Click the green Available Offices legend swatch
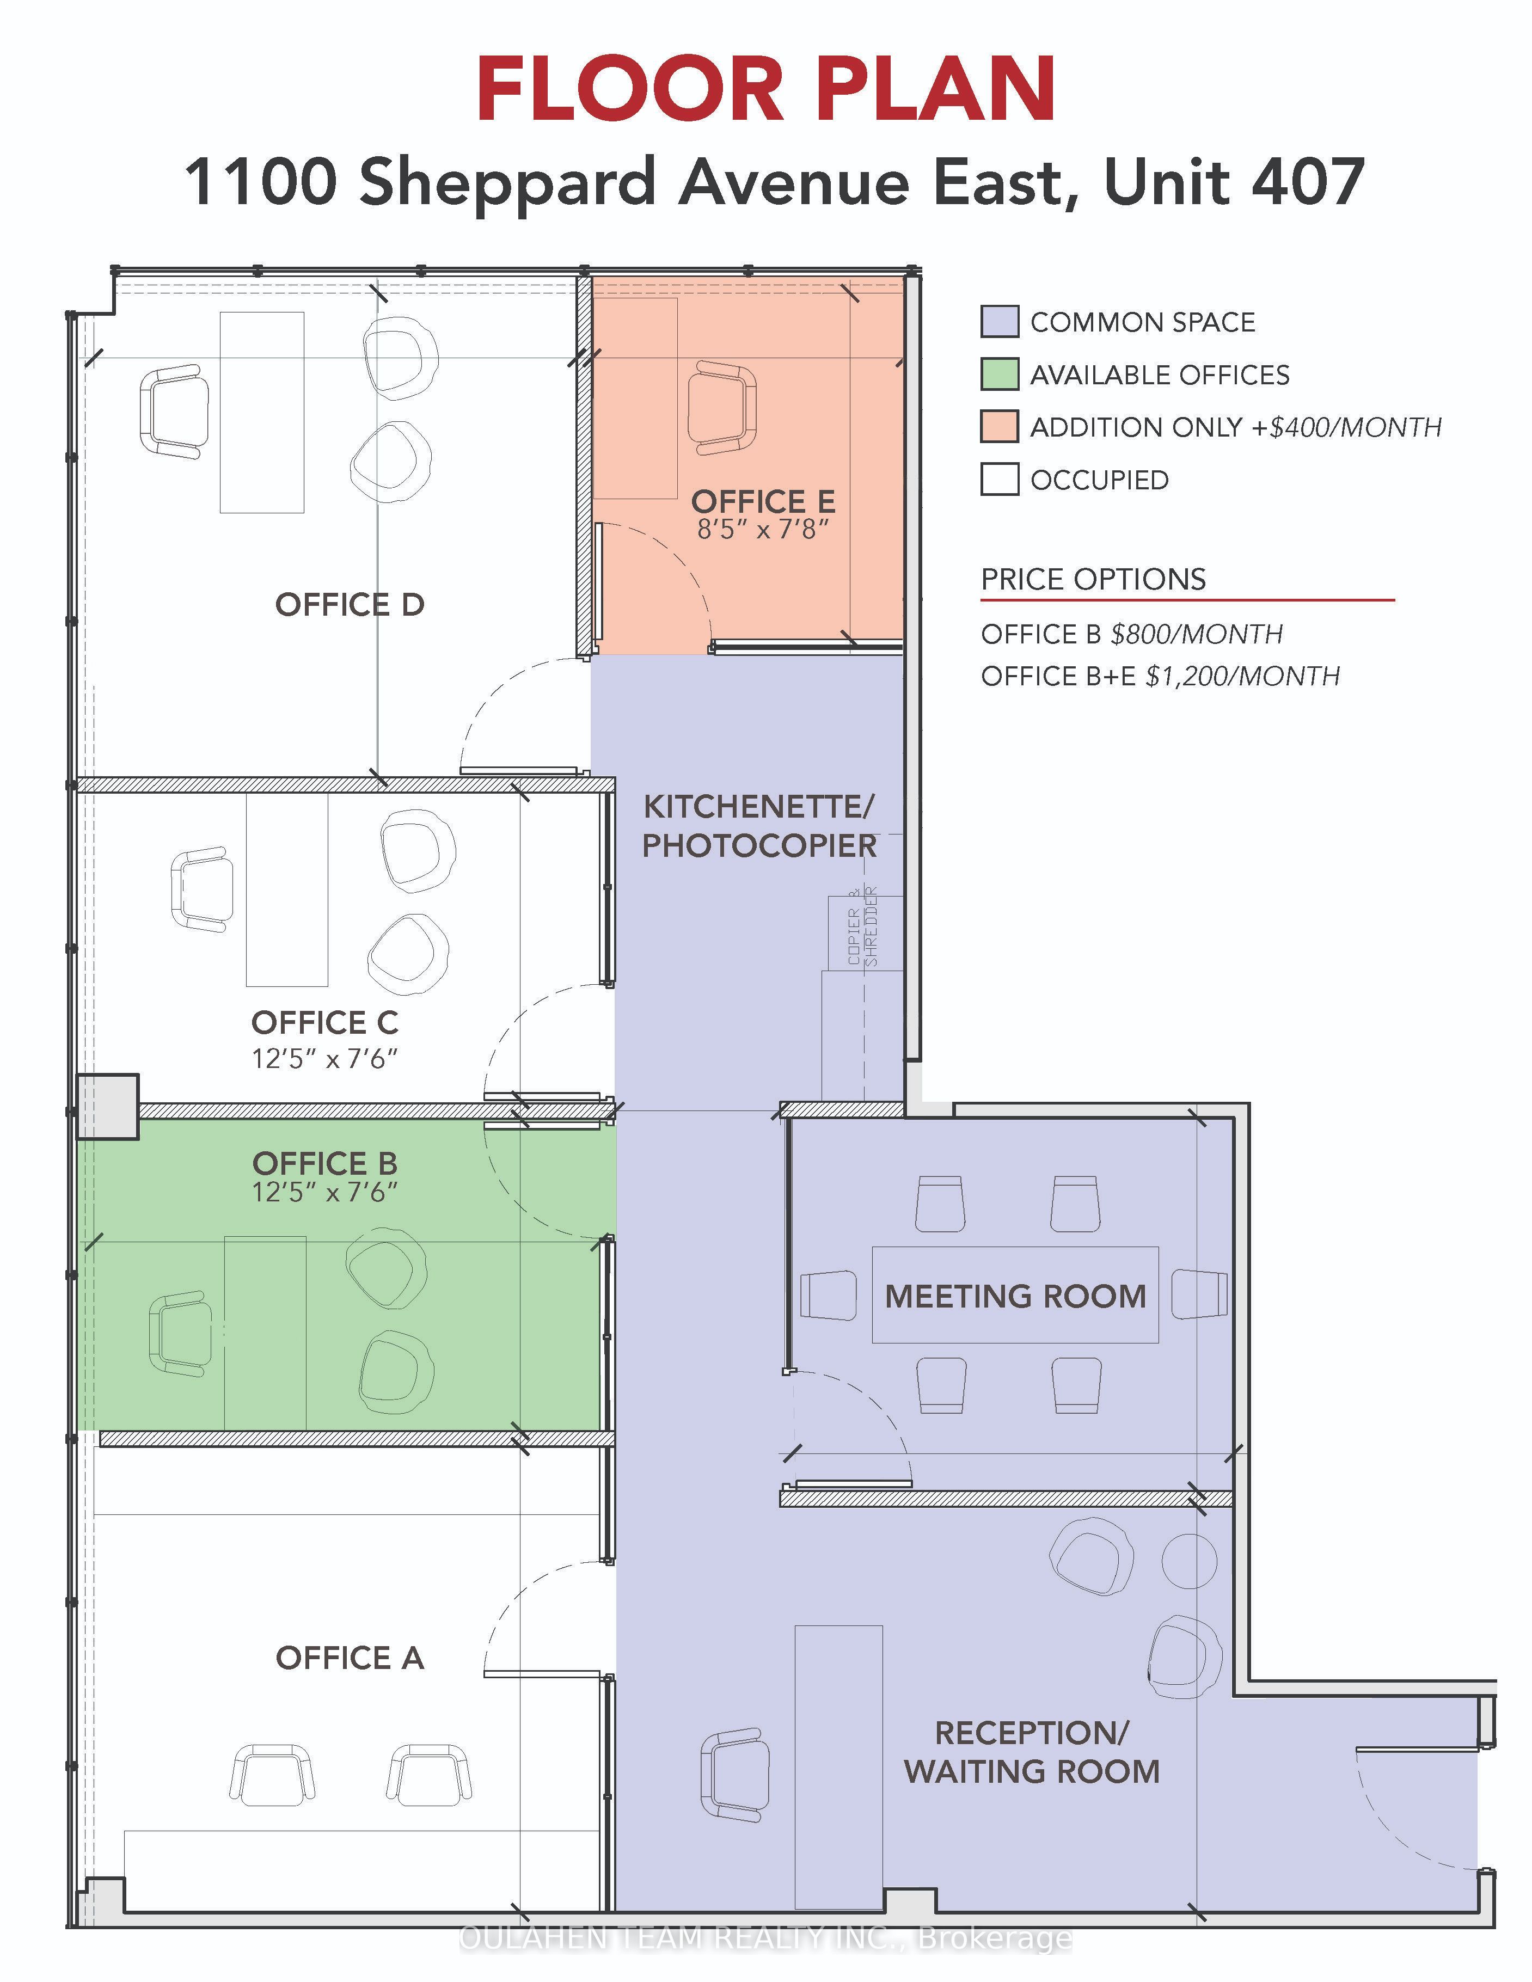point(999,374)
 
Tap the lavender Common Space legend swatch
point(999,321)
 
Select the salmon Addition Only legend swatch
point(999,427)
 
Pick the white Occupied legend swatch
point(999,479)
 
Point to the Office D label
point(350,604)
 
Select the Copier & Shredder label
point(862,925)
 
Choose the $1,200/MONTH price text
point(1242,676)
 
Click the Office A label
point(350,1658)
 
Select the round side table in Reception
point(1189,1561)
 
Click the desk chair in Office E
point(722,408)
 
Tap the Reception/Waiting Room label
point(1032,1752)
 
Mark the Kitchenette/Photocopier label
point(759,826)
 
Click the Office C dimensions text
point(325,1058)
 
